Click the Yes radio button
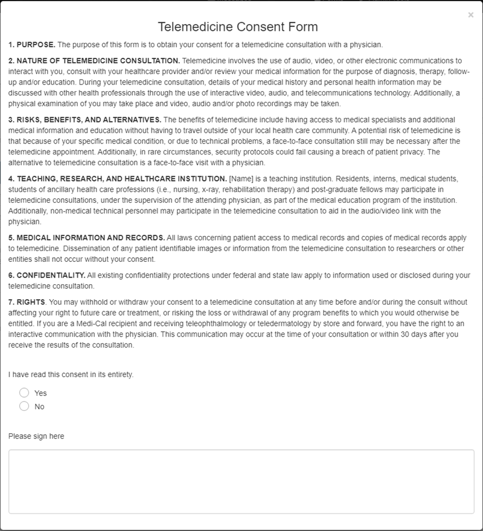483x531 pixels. point(24,393)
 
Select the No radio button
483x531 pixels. point(24,406)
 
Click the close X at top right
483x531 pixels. point(471,15)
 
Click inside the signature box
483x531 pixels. point(241,482)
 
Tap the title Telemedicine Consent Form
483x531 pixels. point(238,27)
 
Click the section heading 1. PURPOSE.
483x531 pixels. point(32,45)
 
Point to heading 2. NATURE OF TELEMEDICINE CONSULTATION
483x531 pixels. point(94,61)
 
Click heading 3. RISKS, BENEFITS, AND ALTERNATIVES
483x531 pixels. point(85,119)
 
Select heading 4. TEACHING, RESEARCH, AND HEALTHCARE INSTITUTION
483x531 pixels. point(118,179)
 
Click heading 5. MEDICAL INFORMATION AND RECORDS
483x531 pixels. point(87,238)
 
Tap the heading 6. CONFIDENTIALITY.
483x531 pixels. point(47,275)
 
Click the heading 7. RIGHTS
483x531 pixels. point(27,302)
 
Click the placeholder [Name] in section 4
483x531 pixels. point(240,179)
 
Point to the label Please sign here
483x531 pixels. point(36,436)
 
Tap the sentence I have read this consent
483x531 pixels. point(71,374)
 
